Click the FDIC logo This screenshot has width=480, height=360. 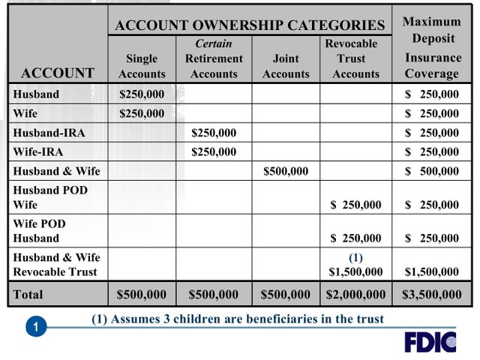click(x=430, y=341)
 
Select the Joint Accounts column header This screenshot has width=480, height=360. click(x=286, y=66)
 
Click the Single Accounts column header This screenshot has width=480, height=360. click(x=142, y=66)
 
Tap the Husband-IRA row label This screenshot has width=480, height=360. click(x=49, y=133)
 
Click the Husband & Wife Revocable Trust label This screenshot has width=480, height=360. click(x=56, y=264)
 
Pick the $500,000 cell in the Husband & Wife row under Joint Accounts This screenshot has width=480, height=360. click(x=286, y=171)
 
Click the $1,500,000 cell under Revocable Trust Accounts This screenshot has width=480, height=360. click(x=355, y=271)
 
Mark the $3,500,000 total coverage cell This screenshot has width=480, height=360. click(x=433, y=295)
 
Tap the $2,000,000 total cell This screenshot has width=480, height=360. click(x=355, y=295)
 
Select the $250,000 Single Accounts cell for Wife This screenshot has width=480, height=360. click(x=142, y=114)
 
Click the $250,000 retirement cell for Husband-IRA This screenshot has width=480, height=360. click(x=214, y=133)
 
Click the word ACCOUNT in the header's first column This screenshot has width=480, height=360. click(x=58, y=73)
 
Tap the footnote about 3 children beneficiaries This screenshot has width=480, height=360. click(x=238, y=319)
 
